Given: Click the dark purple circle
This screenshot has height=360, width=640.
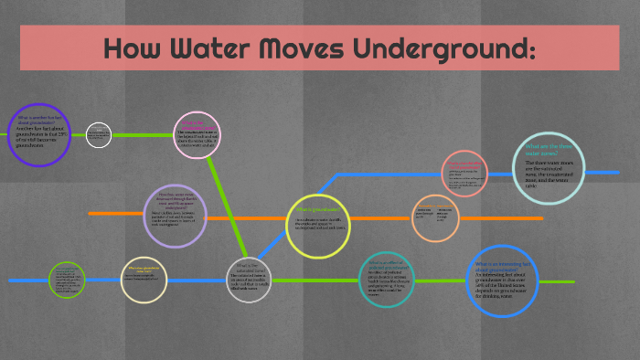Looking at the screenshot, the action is [x=39, y=135].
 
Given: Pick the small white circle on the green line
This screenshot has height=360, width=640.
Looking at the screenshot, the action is [x=99, y=134].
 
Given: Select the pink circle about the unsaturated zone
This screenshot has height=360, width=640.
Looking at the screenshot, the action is [x=197, y=135].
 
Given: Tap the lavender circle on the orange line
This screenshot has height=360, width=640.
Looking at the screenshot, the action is [x=175, y=216].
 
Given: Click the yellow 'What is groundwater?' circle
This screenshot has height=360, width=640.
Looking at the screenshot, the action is [x=318, y=226].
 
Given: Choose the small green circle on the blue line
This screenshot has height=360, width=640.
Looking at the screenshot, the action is [x=67, y=280].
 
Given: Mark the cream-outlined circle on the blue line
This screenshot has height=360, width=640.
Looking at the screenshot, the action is [x=144, y=280].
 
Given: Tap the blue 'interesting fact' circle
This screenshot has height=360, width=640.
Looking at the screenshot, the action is [x=502, y=281].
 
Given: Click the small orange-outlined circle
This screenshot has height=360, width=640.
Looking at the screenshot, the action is [x=434, y=218].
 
